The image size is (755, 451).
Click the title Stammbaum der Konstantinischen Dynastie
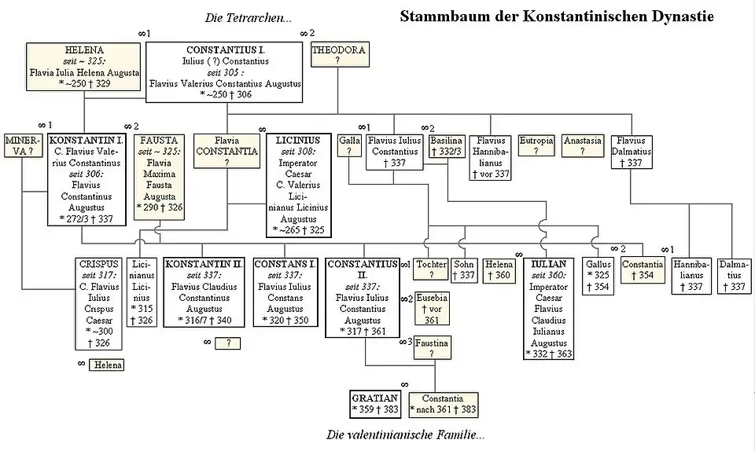point(557,16)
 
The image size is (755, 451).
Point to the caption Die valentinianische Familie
point(406,434)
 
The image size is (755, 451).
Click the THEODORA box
point(338,55)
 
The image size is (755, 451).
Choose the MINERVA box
point(22,147)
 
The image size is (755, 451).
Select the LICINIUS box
point(298,185)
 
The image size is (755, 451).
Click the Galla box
point(348,146)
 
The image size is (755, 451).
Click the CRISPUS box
point(98,303)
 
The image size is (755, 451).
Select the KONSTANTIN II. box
point(204,291)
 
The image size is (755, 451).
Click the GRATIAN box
point(376,404)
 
